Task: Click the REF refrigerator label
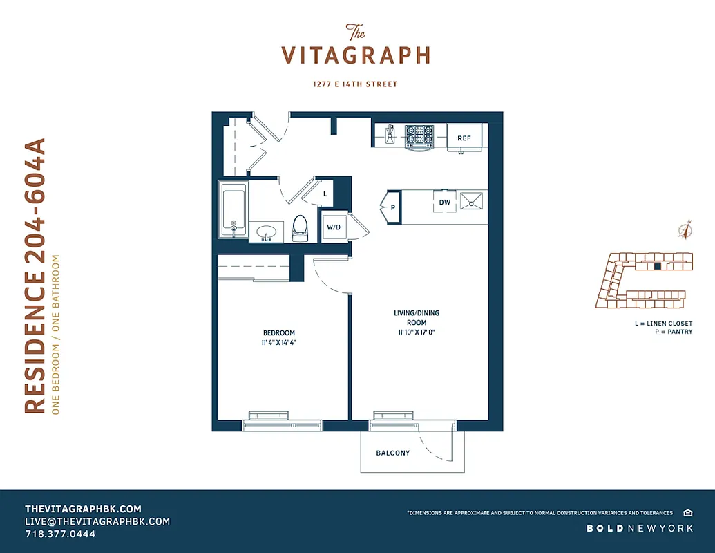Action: click(464, 138)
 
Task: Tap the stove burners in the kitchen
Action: click(419, 135)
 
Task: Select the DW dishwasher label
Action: click(445, 203)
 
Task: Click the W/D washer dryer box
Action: click(334, 227)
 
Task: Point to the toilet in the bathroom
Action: click(300, 227)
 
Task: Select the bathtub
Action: click(233, 209)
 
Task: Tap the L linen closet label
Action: click(325, 194)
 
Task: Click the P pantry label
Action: click(392, 207)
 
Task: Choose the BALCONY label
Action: click(392, 453)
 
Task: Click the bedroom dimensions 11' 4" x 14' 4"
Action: click(278, 342)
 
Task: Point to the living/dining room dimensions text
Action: click(416, 332)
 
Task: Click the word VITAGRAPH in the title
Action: click(356, 55)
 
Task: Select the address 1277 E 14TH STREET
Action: click(355, 84)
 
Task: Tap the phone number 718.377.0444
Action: click(60, 534)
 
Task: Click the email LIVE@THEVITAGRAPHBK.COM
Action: click(97, 521)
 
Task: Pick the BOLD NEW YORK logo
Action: click(640, 528)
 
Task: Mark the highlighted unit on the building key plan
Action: click(658, 265)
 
